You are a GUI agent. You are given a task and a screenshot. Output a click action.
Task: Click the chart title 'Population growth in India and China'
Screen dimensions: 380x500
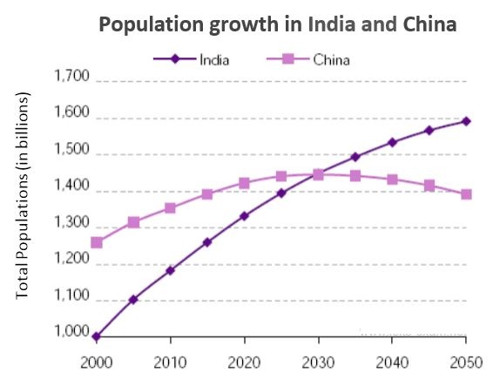pos(278,24)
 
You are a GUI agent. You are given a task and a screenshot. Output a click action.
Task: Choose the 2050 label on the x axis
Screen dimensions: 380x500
pos(466,361)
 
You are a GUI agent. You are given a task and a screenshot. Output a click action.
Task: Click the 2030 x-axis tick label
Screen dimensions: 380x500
pos(318,361)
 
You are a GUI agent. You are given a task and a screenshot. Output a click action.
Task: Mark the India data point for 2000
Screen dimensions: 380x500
pos(96,336)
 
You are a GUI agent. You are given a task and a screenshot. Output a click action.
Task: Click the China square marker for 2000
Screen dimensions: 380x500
pos(96,242)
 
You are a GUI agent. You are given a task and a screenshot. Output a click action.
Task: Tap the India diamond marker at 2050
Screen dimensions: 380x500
pos(466,121)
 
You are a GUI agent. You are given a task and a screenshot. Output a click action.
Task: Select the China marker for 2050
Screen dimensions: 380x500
pos(466,194)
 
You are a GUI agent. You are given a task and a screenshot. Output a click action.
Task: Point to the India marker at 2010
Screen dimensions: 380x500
pos(170,270)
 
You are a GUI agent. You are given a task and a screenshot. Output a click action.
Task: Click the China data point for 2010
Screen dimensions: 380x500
pos(170,208)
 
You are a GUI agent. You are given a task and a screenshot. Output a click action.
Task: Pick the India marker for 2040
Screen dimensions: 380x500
pos(392,142)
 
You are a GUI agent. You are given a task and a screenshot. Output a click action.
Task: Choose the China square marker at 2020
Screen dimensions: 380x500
pos(244,183)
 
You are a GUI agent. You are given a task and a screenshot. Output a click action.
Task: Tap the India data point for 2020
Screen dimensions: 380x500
pos(244,216)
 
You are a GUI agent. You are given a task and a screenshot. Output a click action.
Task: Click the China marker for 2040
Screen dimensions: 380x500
pos(392,180)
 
